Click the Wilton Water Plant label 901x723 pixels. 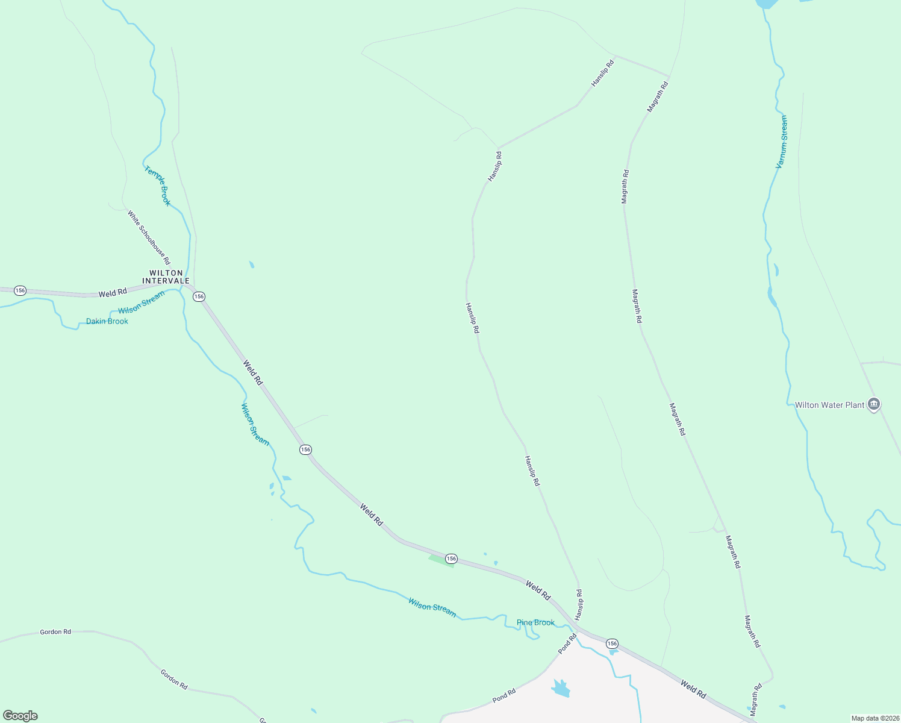pos(829,405)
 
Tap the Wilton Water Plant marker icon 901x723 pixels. pos(874,404)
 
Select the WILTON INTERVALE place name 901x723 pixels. pos(166,277)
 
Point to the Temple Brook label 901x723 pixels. pos(157,186)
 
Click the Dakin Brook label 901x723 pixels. pos(107,321)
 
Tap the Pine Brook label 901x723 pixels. pos(535,622)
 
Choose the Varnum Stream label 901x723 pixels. pos(782,142)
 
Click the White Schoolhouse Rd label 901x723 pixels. pos(149,237)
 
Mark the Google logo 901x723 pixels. pos(20,716)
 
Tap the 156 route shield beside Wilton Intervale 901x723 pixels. pos(199,296)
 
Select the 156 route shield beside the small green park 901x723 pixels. pos(452,559)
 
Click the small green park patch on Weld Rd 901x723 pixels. pos(441,561)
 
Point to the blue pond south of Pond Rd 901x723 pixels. pos(561,688)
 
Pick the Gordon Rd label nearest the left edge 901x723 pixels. pos(55,632)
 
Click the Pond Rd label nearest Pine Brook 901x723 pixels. pos(567,643)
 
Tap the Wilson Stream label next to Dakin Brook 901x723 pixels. pos(141,302)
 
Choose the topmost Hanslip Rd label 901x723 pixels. pos(602,73)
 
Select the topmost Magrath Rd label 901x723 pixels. pos(658,96)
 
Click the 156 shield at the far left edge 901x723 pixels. pos(20,290)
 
